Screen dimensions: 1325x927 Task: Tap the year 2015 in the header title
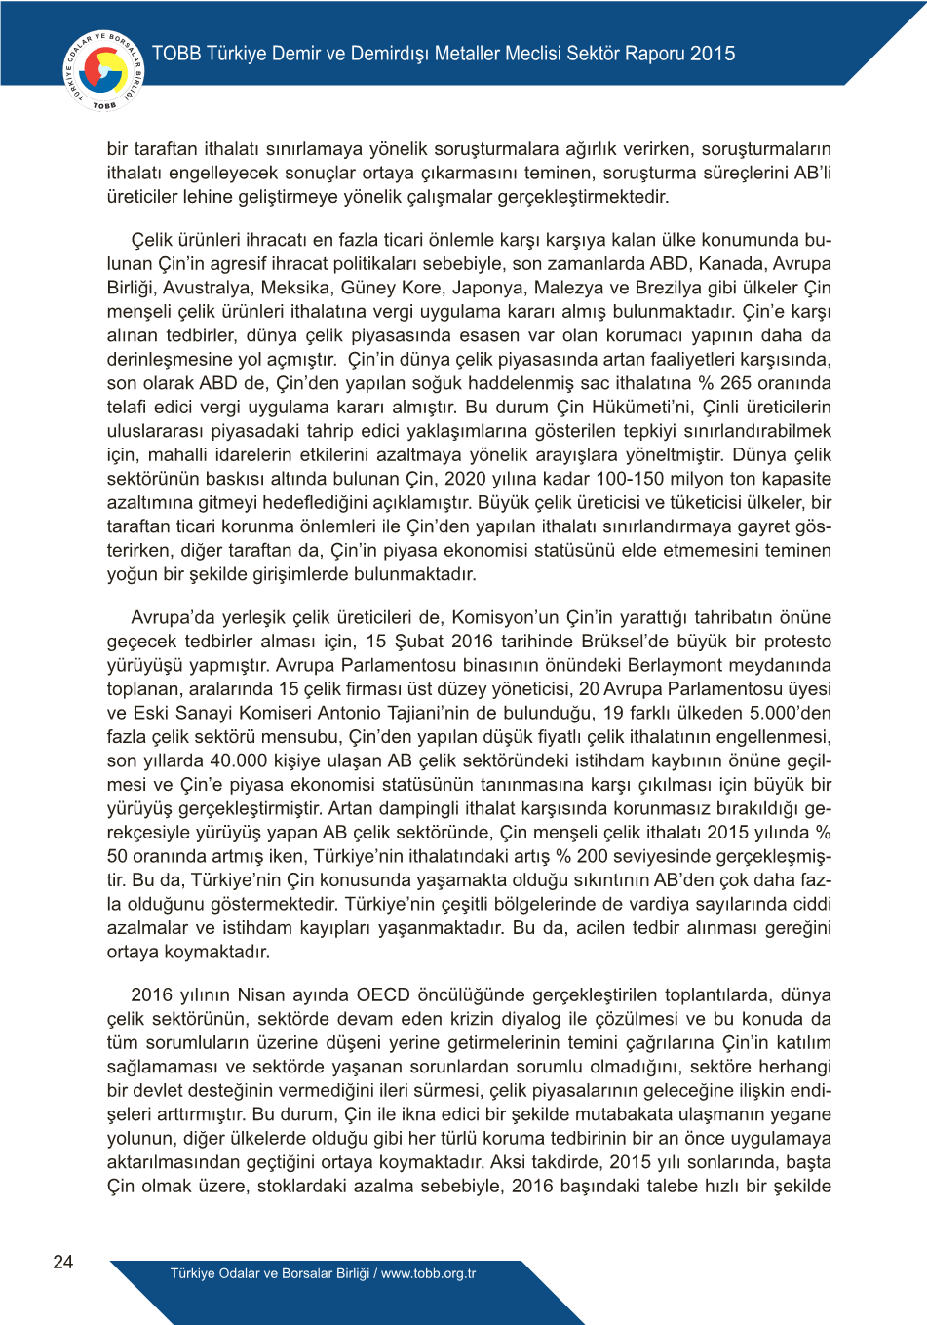point(713,54)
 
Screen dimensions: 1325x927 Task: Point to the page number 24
point(63,1262)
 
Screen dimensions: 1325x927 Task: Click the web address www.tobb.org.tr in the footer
point(429,1273)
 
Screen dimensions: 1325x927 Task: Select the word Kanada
point(730,263)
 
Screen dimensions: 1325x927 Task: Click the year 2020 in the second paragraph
point(464,479)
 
